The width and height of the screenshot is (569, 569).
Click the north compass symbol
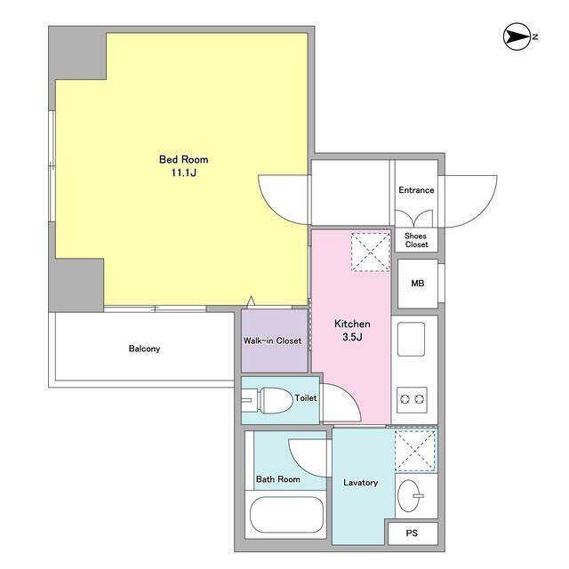coord(517,36)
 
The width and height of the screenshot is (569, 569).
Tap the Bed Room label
coord(184,159)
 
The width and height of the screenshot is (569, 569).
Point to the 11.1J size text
coord(184,172)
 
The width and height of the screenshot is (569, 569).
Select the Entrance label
coord(416,190)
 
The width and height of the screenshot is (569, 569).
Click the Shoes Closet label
coord(416,240)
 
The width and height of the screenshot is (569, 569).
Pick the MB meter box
coord(418,284)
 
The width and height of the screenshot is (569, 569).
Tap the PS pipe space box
coord(413,533)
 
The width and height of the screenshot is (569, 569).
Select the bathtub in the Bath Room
coord(286,515)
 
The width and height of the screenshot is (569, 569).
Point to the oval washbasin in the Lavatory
coord(409,496)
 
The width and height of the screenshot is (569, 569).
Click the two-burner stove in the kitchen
coord(412,400)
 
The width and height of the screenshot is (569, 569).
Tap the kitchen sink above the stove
coord(411,340)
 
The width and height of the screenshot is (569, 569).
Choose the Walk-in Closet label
coord(273,341)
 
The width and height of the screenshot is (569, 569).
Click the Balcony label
coord(144,349)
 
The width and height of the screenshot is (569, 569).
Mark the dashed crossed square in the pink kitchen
coord(370,252)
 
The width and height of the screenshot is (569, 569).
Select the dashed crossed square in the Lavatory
coord(415,451)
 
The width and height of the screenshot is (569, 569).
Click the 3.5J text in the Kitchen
coord(352,337)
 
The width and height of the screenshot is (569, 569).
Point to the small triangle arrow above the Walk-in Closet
coord(251,301)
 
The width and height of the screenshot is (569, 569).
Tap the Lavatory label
coord(360,483)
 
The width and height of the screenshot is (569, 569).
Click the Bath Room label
coord(278,479)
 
